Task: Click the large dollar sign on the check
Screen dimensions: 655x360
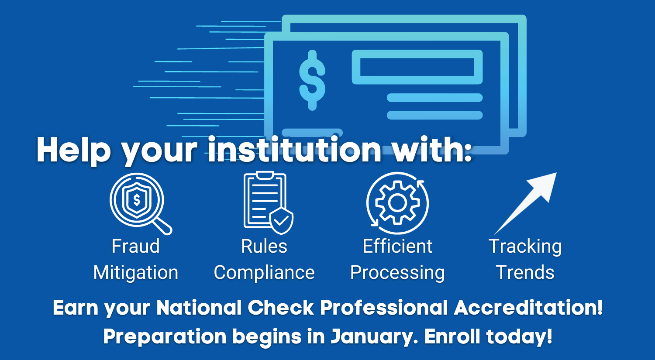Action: point(312,80)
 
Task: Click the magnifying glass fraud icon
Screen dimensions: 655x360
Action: point(140,203)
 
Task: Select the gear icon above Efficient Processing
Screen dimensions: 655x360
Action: point(397,203)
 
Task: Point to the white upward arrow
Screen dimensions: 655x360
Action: point(525,203)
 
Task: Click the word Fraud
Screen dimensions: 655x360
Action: point(136,246)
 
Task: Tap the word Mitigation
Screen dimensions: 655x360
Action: point(136,273)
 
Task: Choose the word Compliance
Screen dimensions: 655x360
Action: point(264,273)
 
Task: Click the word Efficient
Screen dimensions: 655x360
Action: point(397,246)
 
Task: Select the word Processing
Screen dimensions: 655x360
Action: point(397,273)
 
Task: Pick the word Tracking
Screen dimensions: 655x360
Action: point(525,247)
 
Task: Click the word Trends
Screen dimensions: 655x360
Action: point(525,272)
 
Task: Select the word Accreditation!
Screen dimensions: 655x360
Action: point(528,308)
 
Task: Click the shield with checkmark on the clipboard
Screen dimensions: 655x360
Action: point(281,221)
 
